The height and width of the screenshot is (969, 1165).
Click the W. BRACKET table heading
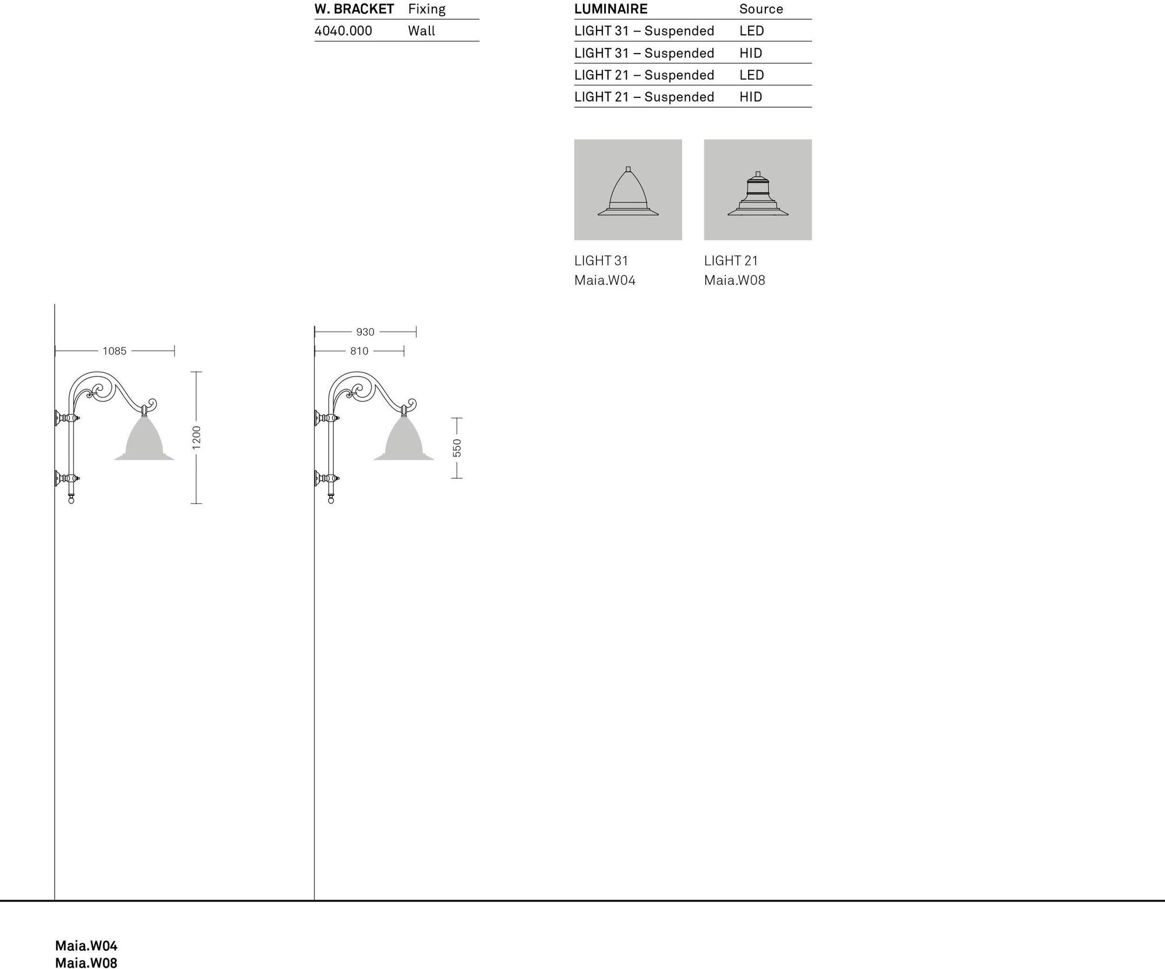coord(354,9)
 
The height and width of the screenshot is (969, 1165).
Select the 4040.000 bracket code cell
coord(343,31)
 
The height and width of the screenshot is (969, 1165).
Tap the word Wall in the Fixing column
coord(422,31)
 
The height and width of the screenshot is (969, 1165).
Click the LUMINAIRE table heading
coord(610,9)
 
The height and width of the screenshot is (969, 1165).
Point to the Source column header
coord(761,9)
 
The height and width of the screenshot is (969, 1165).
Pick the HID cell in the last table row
coord(751,97)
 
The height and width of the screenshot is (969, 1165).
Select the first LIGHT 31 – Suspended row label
coord(644,31)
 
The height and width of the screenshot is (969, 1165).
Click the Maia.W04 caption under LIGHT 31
coord(605,280)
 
